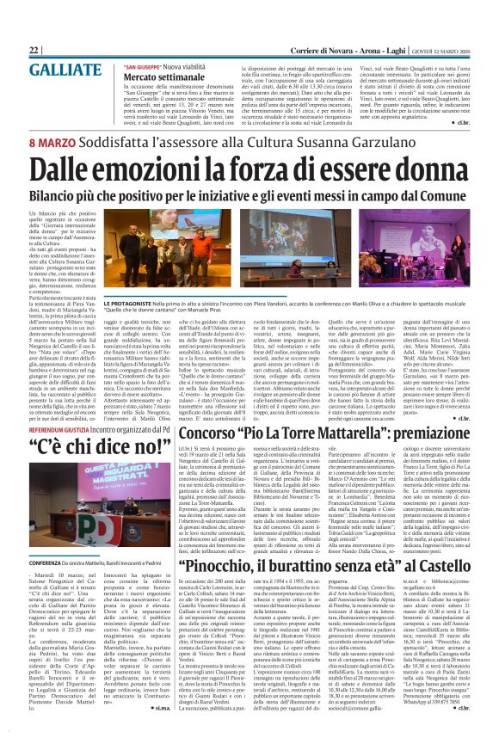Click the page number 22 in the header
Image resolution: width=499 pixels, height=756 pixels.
point(34,51)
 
